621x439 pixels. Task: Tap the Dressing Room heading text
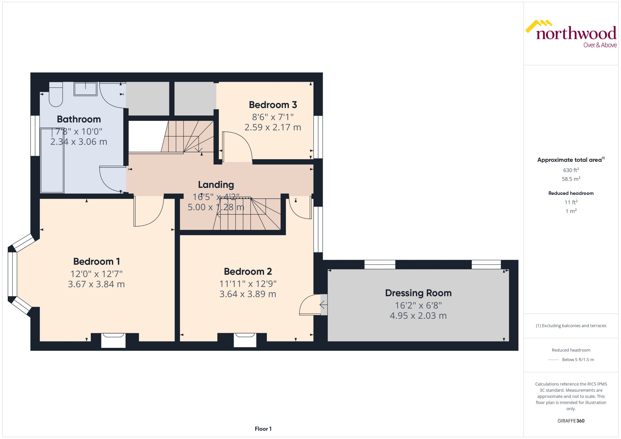[418, 293]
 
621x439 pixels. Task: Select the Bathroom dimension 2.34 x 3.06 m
[79, 142]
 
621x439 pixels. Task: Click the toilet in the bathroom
[56, 95]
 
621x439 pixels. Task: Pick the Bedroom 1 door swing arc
[149, 212]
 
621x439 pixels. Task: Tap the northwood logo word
[576, 34]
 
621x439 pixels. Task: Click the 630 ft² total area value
[571, 170]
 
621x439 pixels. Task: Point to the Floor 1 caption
[263, 429]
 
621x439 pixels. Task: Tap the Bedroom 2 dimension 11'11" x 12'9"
[248, 284]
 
